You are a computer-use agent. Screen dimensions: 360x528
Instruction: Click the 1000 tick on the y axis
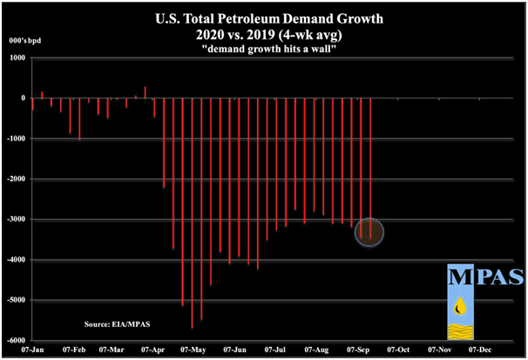coord(17,58)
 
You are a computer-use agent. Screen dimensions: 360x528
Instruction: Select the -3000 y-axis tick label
coord(16,220)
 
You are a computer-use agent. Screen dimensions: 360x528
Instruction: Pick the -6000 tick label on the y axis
coord(16,341)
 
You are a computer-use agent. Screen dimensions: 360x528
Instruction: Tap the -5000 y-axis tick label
coord(16,301)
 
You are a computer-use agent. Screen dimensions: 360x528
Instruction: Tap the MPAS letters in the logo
coord(484,277)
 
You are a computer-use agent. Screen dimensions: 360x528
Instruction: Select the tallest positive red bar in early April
coord(145,92)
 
